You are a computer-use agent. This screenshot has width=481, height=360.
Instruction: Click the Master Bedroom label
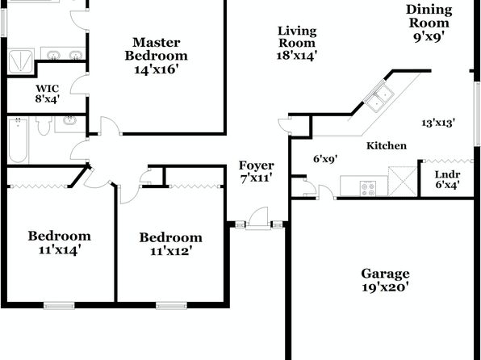point(156,49)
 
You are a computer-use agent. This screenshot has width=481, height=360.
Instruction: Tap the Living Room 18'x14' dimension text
point(297,56)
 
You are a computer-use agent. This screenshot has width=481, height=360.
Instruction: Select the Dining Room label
point(429,16)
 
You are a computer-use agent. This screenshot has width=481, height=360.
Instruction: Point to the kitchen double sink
point(379,97)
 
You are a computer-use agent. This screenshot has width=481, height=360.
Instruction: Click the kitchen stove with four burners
point(367,188)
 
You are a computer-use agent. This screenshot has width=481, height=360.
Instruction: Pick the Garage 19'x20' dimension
point(385,287)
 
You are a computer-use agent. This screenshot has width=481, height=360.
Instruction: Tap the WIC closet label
point(48,89)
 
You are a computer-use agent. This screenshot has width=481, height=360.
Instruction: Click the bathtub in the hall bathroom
point(18,140)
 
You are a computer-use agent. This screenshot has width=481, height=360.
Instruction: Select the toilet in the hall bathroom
point(44,125)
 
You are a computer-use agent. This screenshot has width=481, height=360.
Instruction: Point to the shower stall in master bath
point(20,61)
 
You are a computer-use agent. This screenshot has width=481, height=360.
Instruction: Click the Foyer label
point(256,165)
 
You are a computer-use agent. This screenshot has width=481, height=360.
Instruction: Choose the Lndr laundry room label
point(447,174)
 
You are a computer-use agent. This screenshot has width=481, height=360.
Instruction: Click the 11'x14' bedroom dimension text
point(60,250)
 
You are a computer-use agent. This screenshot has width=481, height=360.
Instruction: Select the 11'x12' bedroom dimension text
point(171,251)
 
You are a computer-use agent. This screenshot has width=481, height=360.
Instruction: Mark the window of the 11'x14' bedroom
point(59,306)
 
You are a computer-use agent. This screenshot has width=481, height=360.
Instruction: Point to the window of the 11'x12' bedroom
point(171,306)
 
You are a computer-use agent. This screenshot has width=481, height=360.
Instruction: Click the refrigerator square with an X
point(403,181)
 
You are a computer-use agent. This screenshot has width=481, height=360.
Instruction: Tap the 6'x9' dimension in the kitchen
point(325,159)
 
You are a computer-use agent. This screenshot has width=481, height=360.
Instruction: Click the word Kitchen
point(387,146)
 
